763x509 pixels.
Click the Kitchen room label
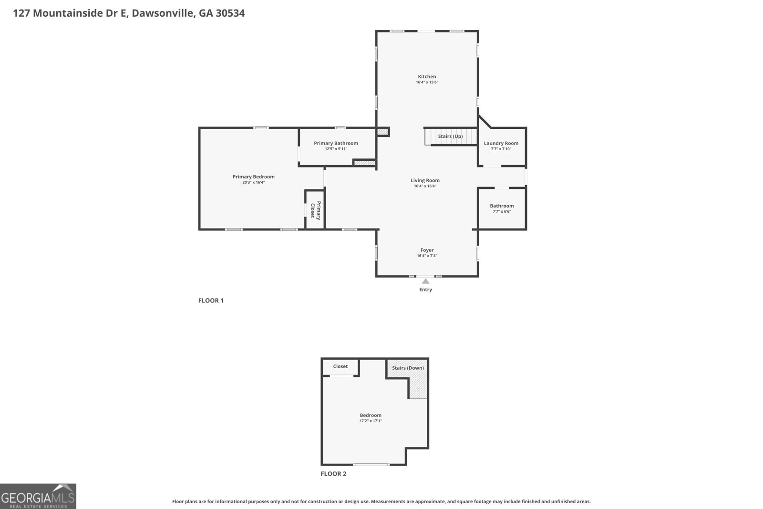(x=427, y=76)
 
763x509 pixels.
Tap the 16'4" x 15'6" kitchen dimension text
(x=427, y=83)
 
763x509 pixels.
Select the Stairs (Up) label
(x=450, y=136)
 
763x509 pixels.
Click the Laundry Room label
(x=501, y=143)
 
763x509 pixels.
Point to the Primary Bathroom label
(x=336, y=143)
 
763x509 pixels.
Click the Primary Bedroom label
(x=253, y=177)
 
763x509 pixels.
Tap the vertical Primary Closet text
(x=316, y=210)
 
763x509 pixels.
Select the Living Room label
(x=425, y=180)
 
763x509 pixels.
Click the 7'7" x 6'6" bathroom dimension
(x=502, y=211)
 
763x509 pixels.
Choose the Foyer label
(x=427, y=250)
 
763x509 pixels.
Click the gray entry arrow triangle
(x=425, y=281)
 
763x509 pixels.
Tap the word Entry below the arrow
(x=425, y=290)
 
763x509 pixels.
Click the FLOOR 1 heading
(x=211, y=301)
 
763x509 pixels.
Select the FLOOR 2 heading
(x=333, y=474)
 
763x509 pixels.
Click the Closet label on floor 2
(x=340, y=366)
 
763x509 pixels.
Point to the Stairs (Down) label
(x=408, y=368)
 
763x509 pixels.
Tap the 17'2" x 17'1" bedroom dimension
(x=371, y=421)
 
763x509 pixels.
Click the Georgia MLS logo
(x=38, y=497)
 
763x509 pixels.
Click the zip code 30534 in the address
(x=230, y=13)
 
